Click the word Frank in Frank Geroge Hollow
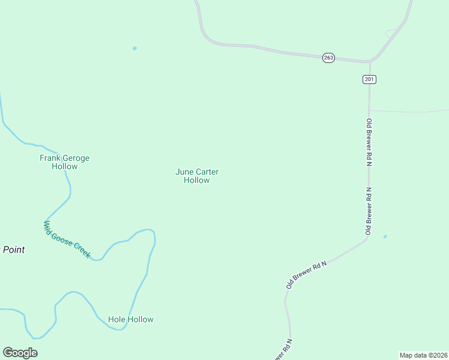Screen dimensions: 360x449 (x=50, y=158)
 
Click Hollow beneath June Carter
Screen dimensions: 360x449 (x=196, y=180)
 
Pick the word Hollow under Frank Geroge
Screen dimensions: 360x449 (x=64, y=167)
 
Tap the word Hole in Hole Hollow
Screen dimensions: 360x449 (x=116, y=320)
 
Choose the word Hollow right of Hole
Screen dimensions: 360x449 (x=140, y=320)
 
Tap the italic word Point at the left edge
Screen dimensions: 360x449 (x=13, y=250)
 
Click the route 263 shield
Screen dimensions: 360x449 (x=328, y=58)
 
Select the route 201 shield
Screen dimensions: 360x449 (x=369, y=79)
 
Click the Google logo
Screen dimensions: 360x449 (x=20, y=353)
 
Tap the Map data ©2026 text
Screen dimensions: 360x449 (x=423, y=355)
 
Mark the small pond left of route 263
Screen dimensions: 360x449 (x=134, y=48)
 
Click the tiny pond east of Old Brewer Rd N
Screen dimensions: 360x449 (x=385, y=236)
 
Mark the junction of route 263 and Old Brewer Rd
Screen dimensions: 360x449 (x=369, y=62)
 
